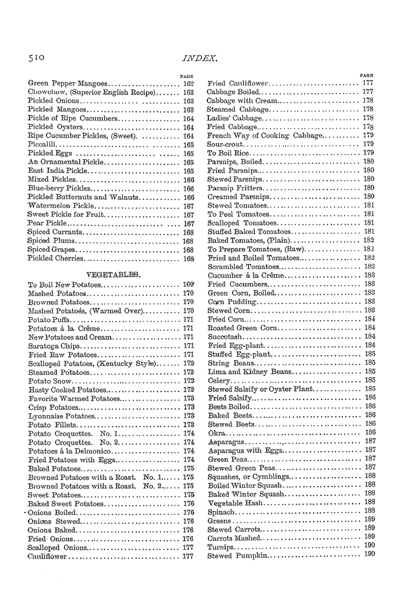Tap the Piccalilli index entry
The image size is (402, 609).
pos(42,145)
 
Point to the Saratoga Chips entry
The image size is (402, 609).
pos(55,346)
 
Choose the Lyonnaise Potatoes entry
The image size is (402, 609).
pos(61,416)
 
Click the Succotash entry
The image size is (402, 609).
pos(226,336)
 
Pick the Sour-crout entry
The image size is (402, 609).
pos(226,143)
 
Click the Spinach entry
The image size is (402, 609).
pos(221,511)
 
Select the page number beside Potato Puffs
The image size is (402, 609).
pos(188,319)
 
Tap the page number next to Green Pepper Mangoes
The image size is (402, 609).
pos(188,83)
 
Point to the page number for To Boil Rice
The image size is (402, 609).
pos(369,153)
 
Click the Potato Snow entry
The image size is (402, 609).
pos(51,381)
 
